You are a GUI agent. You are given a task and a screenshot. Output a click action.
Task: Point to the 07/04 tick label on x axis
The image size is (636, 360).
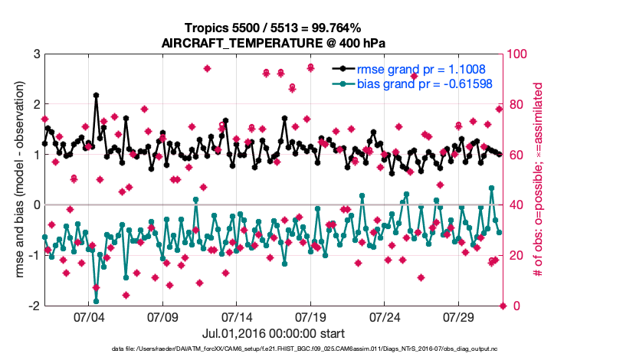(x=88, y=316)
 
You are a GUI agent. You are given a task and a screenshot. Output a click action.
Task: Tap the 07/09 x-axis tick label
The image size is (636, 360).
(x=162, y=316)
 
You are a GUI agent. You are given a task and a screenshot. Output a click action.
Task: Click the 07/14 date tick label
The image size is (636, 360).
(x=237, y=316)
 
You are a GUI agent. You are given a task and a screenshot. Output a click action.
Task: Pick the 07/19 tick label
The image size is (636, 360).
(x=310, y=316)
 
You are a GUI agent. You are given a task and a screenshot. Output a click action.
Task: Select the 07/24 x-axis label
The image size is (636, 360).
(x=385, y=316)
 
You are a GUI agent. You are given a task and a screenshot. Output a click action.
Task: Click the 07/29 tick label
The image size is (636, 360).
(x=458, y=316)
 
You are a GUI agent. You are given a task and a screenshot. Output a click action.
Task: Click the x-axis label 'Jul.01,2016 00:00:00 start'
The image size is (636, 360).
(x=273, y=334)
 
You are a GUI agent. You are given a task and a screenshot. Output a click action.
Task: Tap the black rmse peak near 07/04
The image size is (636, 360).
(x=96, y=96)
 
